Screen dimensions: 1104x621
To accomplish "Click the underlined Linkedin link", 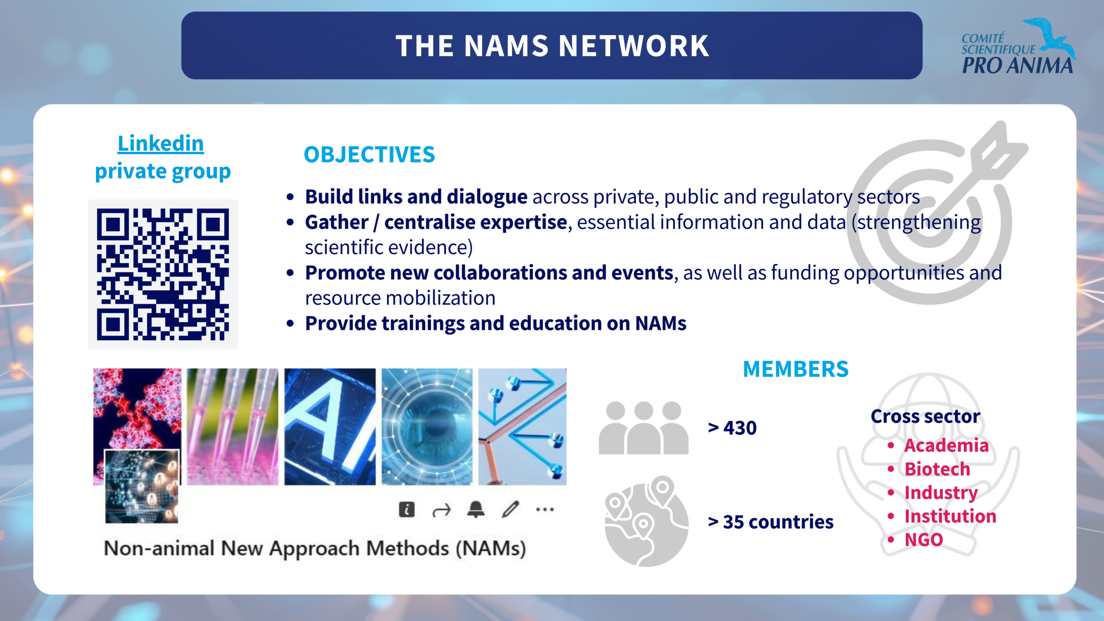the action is click(160, 143).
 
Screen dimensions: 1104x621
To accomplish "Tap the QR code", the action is click(163, 274).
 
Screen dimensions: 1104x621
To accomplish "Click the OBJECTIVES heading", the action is click(370, 154).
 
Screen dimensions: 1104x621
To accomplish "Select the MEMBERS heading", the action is click(796, 369).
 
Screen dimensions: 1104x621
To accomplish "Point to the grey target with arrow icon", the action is click(936, 213).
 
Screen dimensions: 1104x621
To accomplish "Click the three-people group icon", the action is click(643, 427).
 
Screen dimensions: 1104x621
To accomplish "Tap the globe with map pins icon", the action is click(646, 521).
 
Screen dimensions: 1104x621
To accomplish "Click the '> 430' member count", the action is click(732, 428).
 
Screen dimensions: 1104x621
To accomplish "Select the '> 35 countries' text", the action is click(771, 522).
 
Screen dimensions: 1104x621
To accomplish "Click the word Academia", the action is click(946, 445).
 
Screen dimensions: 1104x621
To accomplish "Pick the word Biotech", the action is click(937, 469).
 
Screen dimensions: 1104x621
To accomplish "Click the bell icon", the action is click(476, 509).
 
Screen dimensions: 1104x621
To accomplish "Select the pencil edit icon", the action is click(511, 509).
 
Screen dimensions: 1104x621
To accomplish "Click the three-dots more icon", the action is click(545, 509).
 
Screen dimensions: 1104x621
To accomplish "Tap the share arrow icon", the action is click(441, 511).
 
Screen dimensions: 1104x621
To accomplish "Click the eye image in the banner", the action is click(427, 427).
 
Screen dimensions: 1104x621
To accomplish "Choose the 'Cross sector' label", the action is click(925, 417).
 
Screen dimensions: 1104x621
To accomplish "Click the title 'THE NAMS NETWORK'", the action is click(552, 46).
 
